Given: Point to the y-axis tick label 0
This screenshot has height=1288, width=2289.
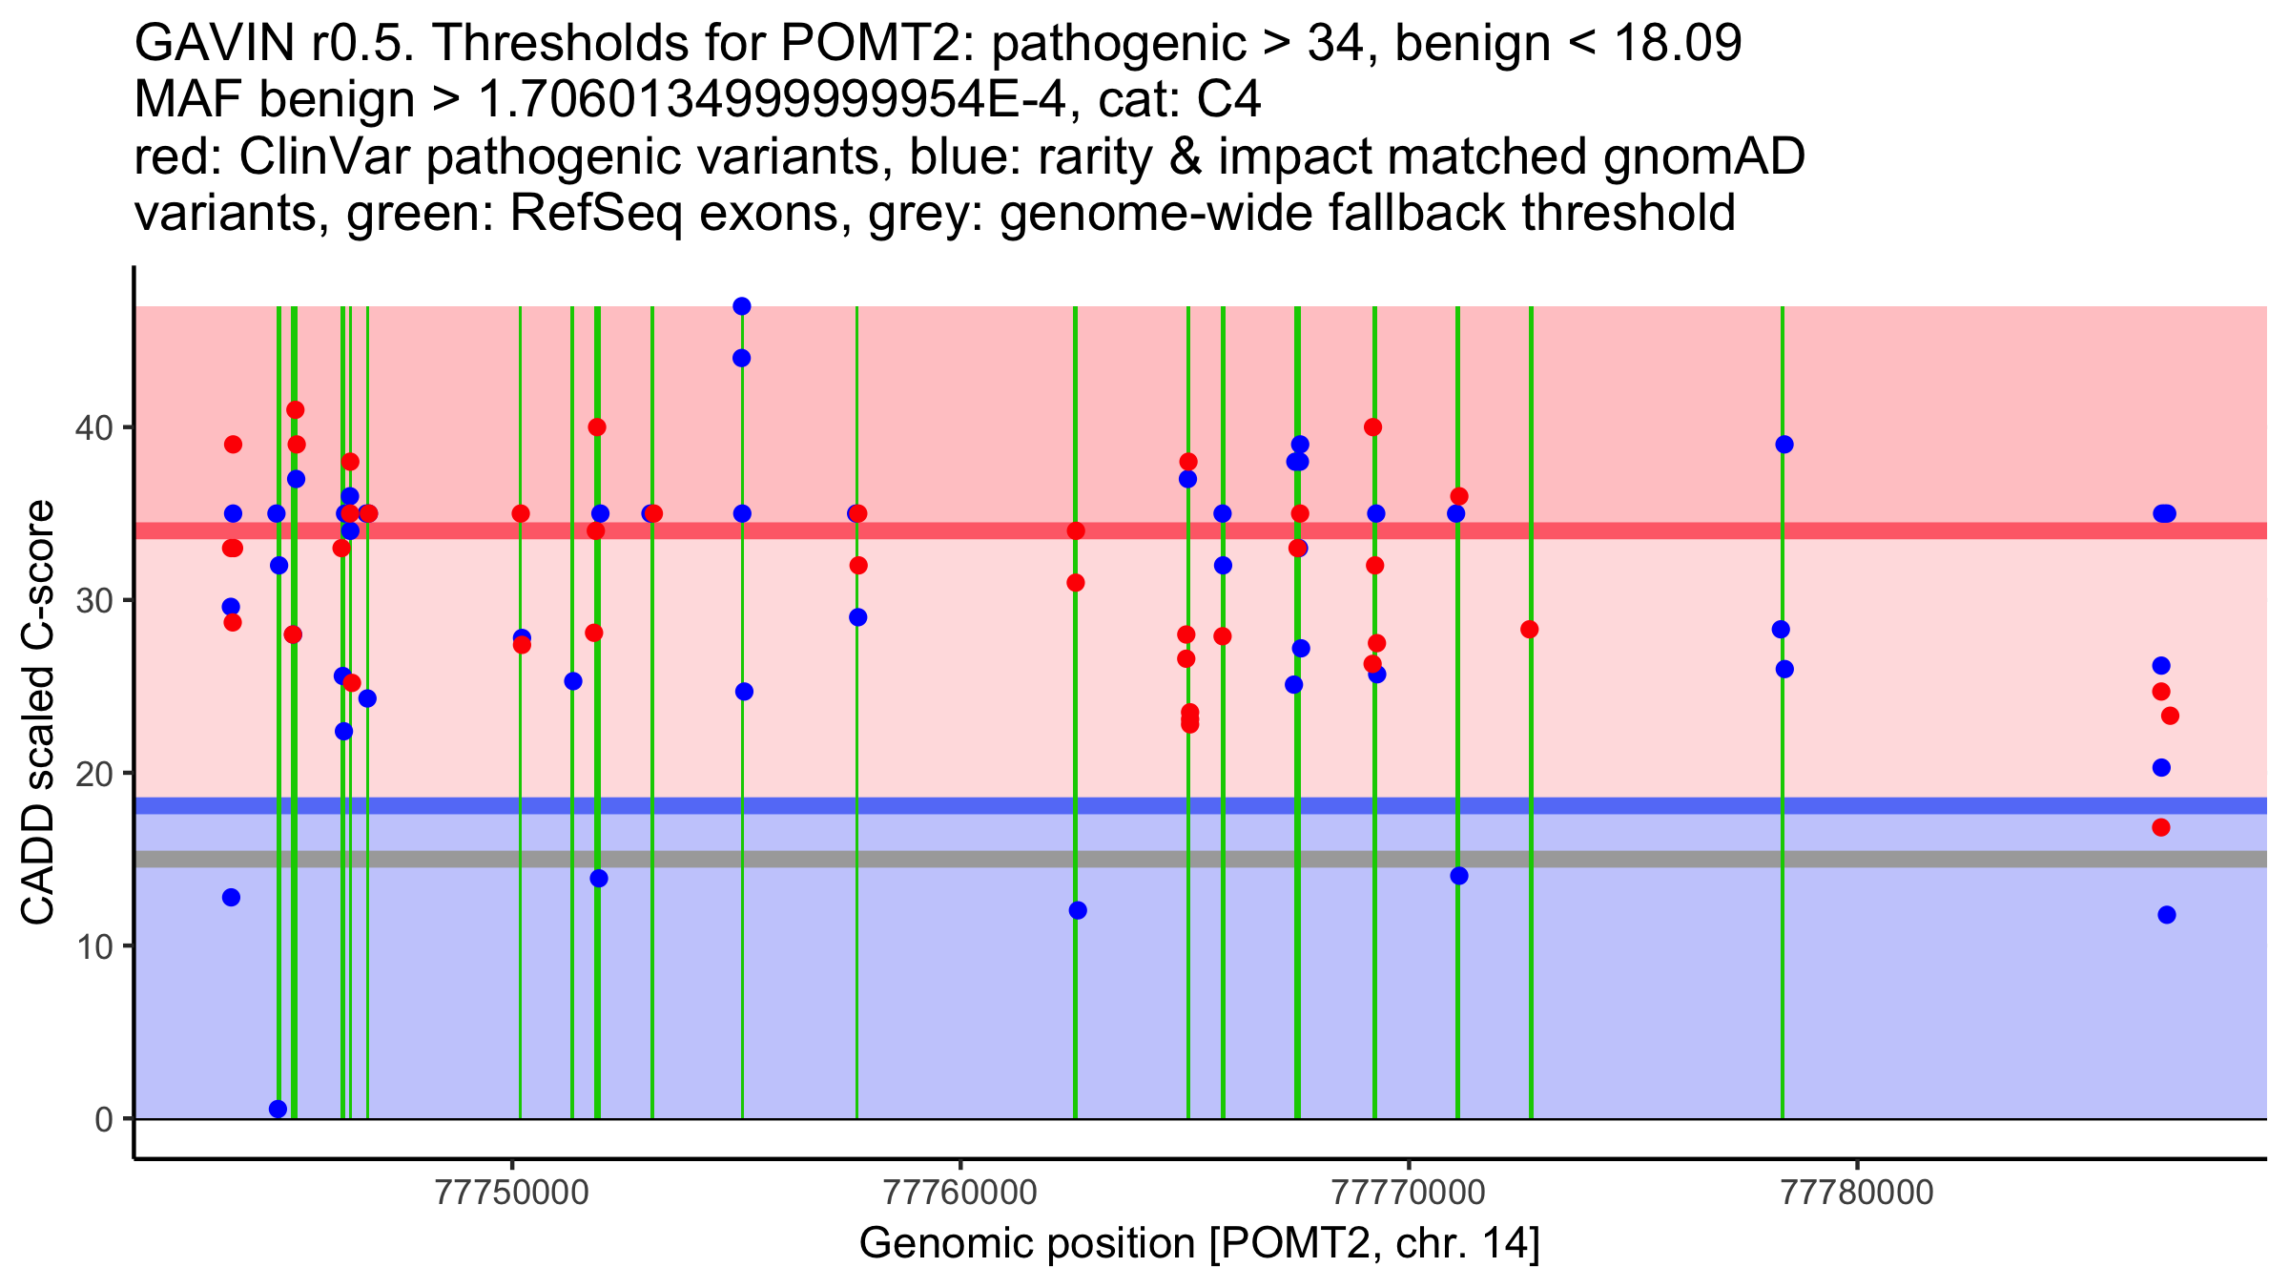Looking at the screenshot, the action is coord(103,1119).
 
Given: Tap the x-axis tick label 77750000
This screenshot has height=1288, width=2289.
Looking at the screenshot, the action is coord(512,1194).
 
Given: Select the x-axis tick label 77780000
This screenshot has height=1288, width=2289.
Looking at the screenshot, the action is coord(1857,1194).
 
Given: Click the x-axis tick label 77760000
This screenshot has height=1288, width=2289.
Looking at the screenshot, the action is coord(960,1194).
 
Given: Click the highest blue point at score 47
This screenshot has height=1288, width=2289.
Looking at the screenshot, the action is coord(742,306).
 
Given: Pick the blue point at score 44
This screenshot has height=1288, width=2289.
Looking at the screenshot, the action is coord(742,359).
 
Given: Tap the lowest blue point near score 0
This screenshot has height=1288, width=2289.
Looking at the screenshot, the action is coord(278,1109).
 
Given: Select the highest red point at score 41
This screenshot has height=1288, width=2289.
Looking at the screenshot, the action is coord(296,410).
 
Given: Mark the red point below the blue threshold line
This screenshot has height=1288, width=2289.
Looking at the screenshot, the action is coord(2161,827).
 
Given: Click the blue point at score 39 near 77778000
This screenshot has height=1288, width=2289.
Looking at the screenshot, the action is coord(1784,445).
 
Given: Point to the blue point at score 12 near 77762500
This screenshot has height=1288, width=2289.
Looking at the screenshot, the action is coord(1078,910).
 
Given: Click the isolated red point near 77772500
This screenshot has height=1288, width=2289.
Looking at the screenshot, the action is coord(1530,630).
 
